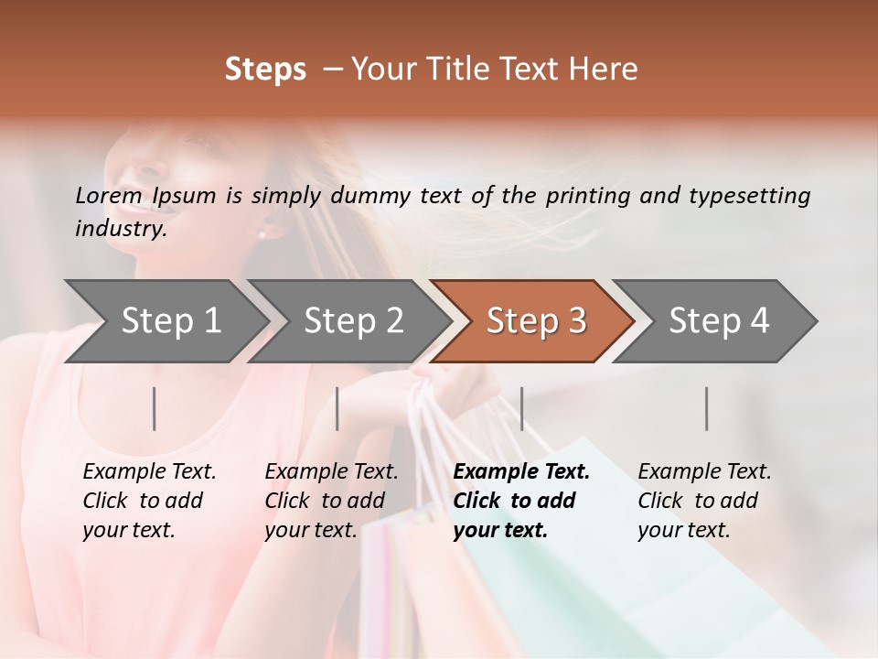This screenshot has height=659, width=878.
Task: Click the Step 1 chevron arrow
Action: click(x=170, y=321)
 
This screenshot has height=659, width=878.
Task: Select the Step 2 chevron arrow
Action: click(x=353, y=321)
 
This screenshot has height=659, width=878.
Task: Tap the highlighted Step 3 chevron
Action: click(x=535, y=321)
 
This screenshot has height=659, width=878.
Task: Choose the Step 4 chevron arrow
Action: click(x=718, y=321)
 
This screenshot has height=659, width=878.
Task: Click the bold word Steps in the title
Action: click(x=265, y=69)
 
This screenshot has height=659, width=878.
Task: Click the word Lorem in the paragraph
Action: click(x=108, y=195)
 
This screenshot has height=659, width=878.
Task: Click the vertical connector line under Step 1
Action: click(x=155, y=408)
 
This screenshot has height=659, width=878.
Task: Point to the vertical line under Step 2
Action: click(x=337, y=408)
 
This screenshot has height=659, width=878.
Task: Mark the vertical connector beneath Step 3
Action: click(x=522, y=408)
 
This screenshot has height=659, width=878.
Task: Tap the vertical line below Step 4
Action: click(x=707, y=408)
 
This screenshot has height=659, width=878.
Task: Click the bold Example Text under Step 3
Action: click(x=521, y=471)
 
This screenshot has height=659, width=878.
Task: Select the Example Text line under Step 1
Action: click(x=149, y=471)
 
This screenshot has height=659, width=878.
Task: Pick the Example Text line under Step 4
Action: click(x=704, y=471)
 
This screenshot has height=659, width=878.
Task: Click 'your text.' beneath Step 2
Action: click(x=310, y=530)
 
